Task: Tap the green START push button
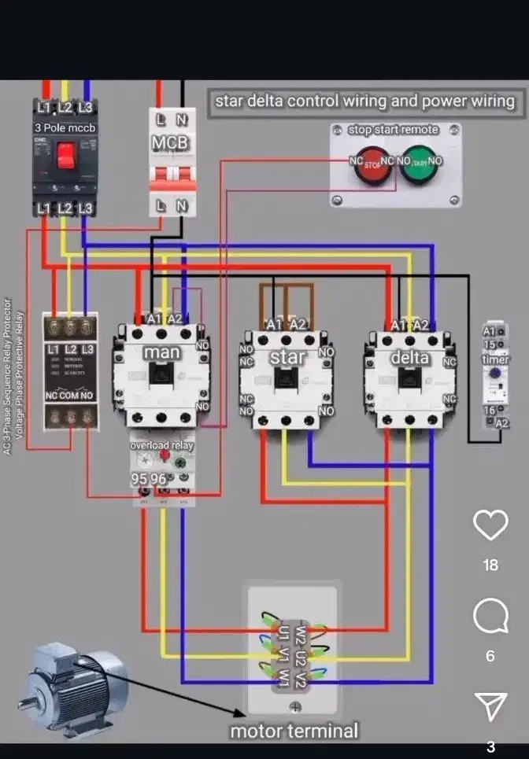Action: [x=418, y=166]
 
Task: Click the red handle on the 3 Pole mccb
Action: [x=65, y=155]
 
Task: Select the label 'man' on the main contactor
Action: [x=162, y=353]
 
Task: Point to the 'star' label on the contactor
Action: [x=287, y=357]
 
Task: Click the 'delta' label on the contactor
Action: [x=411, y=357]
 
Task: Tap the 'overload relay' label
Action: [x=161, y=446]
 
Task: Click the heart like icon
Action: [x=490, y=525]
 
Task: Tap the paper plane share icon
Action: [x=490, y=706]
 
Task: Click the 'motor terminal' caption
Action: [x=294, y=731]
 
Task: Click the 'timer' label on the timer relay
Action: [x=496, y=359]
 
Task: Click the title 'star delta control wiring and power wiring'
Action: [x=365, y=101]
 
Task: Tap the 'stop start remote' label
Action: [x=394, y=129]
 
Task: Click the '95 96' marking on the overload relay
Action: [x=149, y=479]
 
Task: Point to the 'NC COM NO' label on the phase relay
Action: [x=69, y=396]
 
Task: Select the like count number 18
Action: [x=490, y=565]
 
